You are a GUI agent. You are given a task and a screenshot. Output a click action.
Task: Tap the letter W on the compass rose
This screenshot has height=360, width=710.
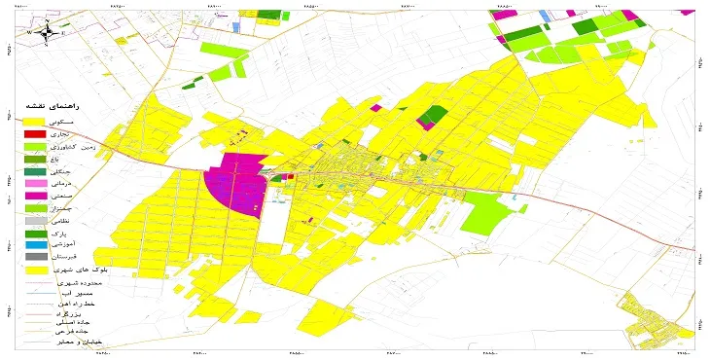tap(31, 32)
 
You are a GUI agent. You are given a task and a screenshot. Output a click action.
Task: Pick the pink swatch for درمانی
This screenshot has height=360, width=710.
tap(33, 183)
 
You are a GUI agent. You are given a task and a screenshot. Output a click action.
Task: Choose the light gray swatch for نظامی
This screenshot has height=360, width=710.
tap(33, 221)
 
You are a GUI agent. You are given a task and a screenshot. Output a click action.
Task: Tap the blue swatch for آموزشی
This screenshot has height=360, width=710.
tap(33, 246)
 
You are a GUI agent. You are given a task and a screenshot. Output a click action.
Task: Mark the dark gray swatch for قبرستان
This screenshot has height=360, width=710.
tap(33, 258)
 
